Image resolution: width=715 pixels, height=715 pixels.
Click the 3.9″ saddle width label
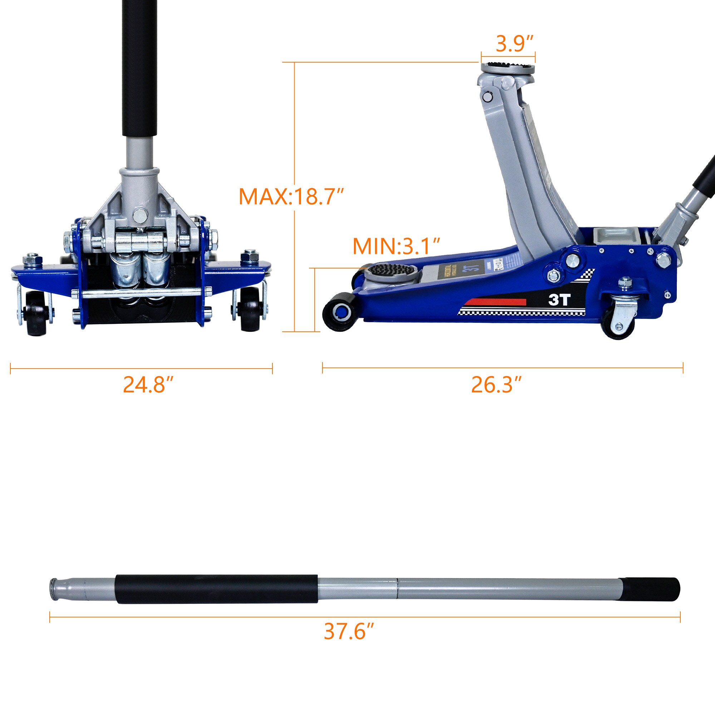[514, 44]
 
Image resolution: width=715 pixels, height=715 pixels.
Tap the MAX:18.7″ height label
[291, 197]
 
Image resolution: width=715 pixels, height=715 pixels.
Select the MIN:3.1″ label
[396, 246]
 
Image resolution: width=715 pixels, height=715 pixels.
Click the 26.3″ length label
[496, 385]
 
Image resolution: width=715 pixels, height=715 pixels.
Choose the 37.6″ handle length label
[349, 631]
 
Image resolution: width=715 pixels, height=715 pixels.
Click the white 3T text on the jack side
[559, 300]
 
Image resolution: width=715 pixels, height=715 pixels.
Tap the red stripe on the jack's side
[496, 302]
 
